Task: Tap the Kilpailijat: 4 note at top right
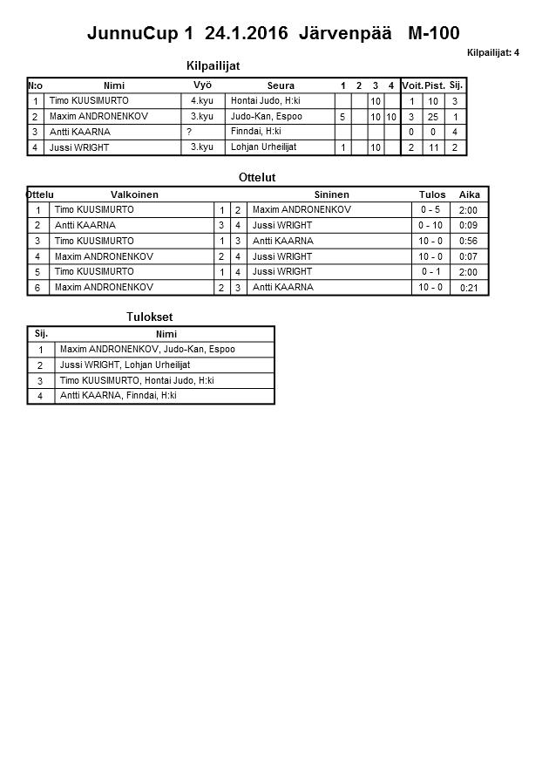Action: (x=492, y=53)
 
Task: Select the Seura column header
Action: (x=281, y=85)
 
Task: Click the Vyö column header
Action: (x=202, y=85)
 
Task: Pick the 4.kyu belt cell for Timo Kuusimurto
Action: (x=202, y=101)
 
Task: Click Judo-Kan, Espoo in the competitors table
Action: (x=266, y=116)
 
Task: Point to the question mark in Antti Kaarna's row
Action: (x=188, y=132)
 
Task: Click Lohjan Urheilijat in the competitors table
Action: (x=263, y=147)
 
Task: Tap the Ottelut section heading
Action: (x=257, y=177)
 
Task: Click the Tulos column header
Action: (x=431, y=194)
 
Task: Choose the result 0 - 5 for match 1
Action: (x=430, y=210)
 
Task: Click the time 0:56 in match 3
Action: (x=468, y=242)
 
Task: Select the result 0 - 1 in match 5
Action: (x=430, y=272)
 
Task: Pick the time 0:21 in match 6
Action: (x=469, y=288)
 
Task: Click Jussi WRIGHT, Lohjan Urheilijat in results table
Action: (x=125, y=365)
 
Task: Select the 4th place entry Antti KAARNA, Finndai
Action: (x=118, y=395)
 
